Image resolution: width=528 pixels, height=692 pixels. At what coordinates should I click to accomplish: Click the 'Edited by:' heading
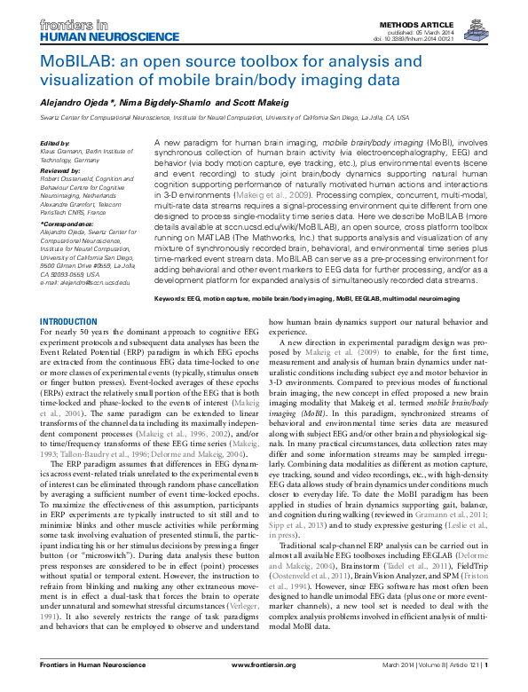pyautogui.click(x=56, y=143)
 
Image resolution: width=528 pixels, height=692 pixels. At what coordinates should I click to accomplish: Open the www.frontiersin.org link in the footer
pyautogui.click(x=264, y=677)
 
